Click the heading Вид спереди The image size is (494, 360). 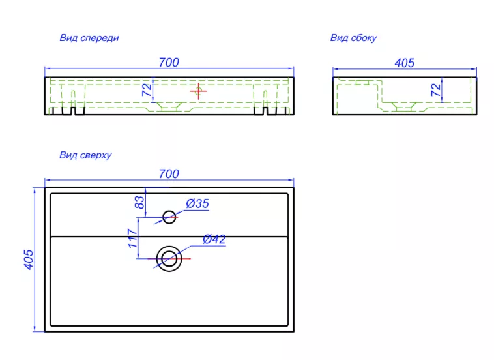point(89,38)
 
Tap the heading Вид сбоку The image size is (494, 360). point(353,38)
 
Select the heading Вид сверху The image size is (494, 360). point(85,155)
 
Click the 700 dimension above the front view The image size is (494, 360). point(169,63)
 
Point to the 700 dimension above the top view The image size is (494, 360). point(169,173)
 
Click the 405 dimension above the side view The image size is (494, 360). point(405,63)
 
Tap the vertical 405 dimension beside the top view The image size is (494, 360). point(29,260)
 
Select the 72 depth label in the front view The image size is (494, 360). point(147,90)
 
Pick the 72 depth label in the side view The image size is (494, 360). point(436,90)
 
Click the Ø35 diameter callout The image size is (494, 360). point(197,203)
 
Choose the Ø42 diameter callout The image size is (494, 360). point(214,239)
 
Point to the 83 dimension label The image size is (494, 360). point(139,202)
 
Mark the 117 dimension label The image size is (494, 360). point(133,238)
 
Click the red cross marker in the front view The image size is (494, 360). point(199,91)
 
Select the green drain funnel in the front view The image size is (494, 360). point(169,106)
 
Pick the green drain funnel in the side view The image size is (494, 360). point(404,106)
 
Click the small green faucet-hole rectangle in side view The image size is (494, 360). point(362,83)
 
